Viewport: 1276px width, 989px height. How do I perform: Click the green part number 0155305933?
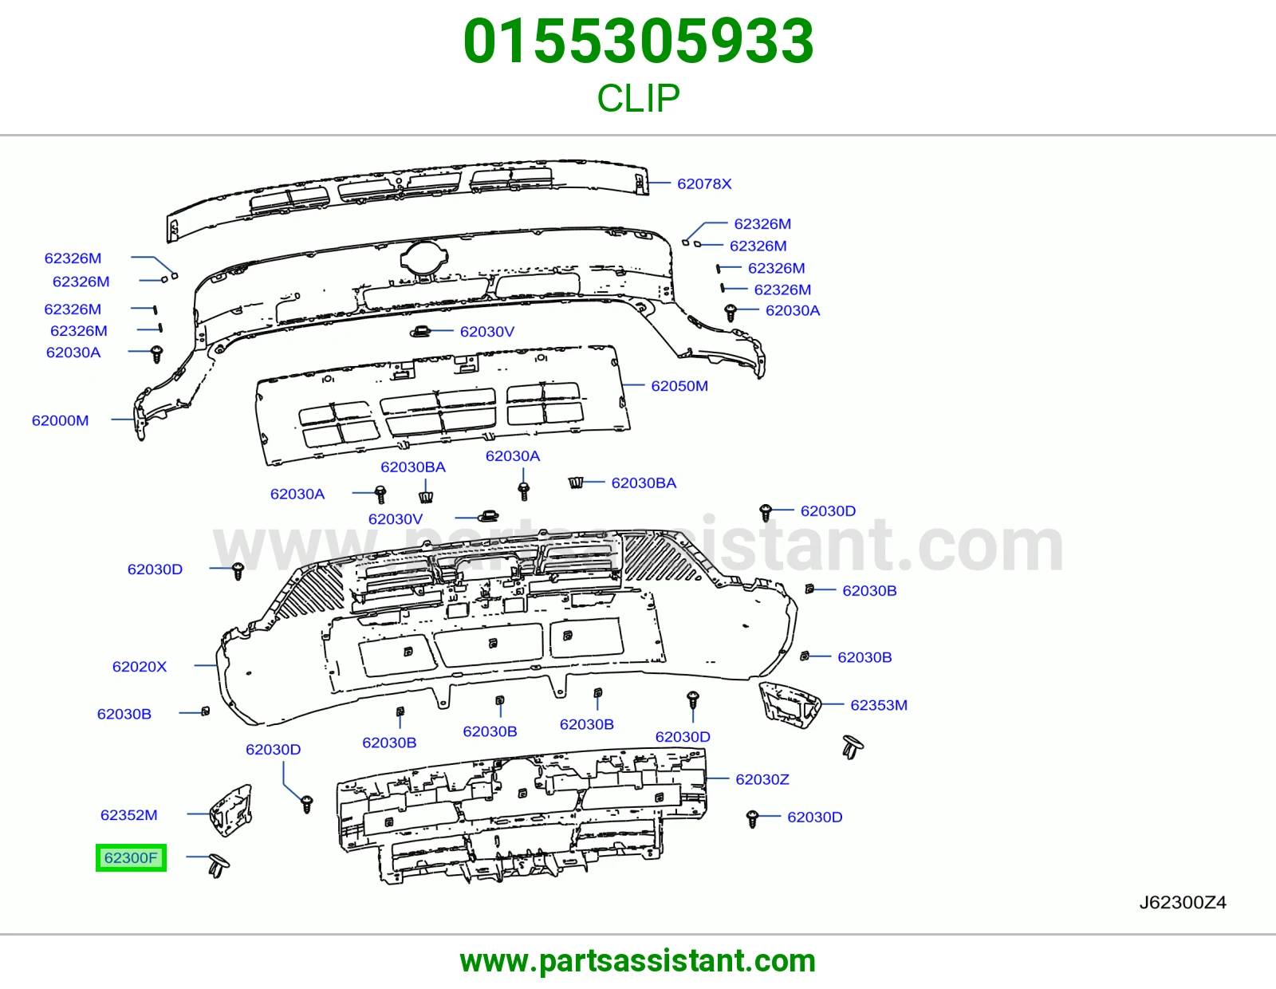(638, 41)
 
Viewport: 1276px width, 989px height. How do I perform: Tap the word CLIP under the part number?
(638, 97)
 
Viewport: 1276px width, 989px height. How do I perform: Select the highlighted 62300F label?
(131, 857)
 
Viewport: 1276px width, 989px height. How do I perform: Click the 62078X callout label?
(704, 183)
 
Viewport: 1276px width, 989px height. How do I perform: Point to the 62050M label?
(679, 386)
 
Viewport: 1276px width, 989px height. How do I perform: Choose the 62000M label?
(60, 420)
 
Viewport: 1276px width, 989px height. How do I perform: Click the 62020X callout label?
(140, 667)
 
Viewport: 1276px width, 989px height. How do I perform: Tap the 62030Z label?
(762, 779)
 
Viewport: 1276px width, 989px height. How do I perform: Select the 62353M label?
(879, 705)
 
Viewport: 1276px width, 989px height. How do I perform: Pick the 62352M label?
(128, 814)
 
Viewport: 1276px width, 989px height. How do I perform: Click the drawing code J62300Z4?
(1183, 902)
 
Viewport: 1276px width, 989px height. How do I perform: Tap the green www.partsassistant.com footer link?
(638, 961)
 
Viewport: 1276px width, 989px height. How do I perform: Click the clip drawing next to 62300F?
(219, 865)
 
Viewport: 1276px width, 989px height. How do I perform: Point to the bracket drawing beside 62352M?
(231, 810)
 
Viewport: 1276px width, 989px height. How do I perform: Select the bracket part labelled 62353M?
(789, 703)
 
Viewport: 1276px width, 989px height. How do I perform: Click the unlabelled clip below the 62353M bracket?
(853, 747)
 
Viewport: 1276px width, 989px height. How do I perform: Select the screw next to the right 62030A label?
(731, 313)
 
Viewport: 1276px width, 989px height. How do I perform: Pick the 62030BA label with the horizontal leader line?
(644, 483)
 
